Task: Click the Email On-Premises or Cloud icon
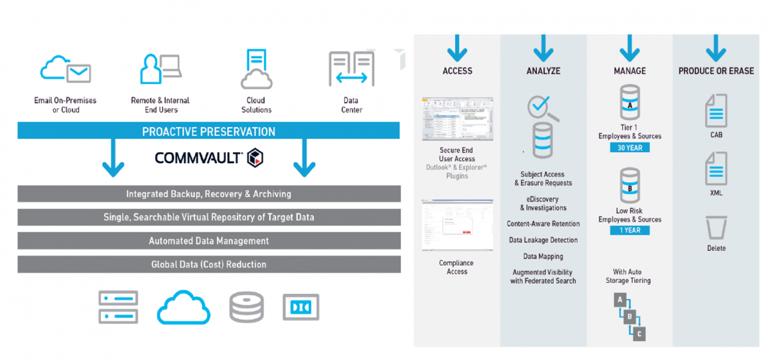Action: (65, 69)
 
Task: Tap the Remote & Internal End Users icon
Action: (160, 69)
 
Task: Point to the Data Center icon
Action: (351, 69)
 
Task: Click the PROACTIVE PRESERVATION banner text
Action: (209, 132)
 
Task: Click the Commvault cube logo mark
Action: (256, 157)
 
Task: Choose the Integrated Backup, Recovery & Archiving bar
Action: (209, 194)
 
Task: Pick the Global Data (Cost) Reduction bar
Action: (209, 264)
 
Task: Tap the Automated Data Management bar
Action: (209, 241)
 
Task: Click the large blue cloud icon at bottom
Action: (184, 307)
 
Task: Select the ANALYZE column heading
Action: (543, 71)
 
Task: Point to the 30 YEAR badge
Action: (629, 148)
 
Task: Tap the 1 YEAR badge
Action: (629, 230)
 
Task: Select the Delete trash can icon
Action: (715, 228)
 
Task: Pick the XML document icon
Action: (715, 168)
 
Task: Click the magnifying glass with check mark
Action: (541, 108)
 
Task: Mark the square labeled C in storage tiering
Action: (638, 334)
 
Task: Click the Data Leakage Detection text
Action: (543, 240)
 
